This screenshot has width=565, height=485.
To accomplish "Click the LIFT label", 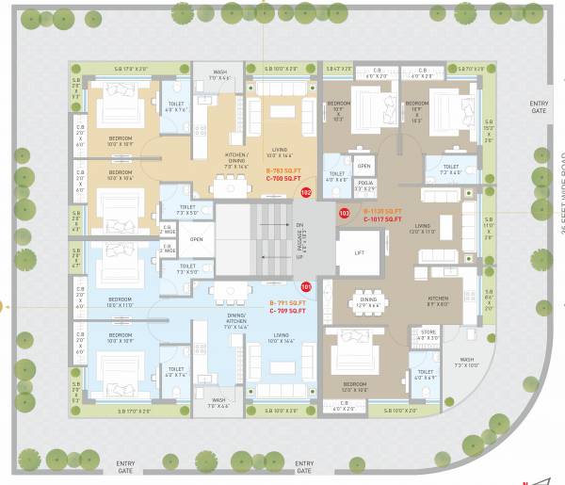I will pos(359,253).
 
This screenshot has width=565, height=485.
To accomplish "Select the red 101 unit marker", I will pos(306,286).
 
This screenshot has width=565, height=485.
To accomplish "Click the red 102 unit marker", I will pos(306,192).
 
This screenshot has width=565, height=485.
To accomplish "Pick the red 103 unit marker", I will pos(345,214).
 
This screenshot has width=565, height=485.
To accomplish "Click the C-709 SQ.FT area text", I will pos(283,311).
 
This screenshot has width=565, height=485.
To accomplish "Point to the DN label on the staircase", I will pos(299,226).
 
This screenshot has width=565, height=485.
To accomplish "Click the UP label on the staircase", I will pos(299,255).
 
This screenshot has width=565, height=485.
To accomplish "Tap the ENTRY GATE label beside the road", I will pos(538,107).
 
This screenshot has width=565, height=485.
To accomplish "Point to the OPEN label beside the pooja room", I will pos(364,165).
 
